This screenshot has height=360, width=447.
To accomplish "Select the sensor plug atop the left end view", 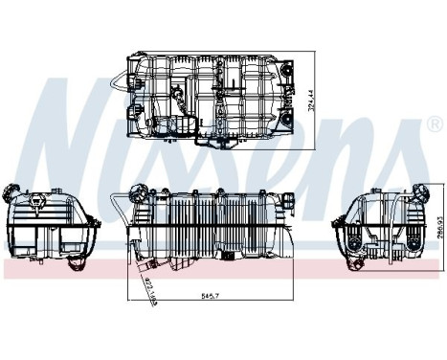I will pyautogui.click(x=38, y=199).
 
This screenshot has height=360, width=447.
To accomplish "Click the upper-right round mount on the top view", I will pyautogui.click(x=284, y=68).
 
